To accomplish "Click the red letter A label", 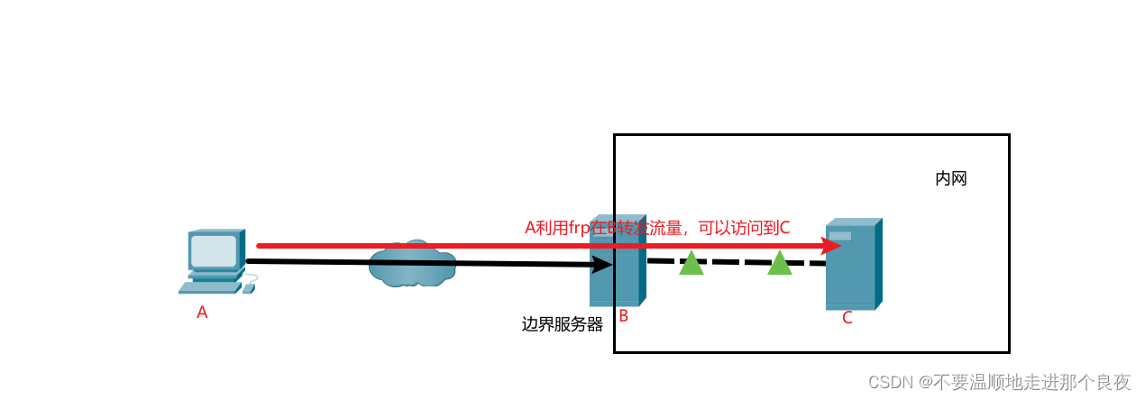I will click(x=202, y=313).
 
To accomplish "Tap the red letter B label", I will click(x=623, y=316).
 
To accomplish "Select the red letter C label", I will click(x=847, y=318).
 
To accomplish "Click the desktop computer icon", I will click(x=214, y=260).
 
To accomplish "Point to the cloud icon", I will click(x=412, y=264).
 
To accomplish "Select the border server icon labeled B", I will click(x=616, y=261).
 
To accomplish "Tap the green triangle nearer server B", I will click(x=692, y=263).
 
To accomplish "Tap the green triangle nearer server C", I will click(x=780, y=263).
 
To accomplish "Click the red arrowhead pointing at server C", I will click(x=831, y=245).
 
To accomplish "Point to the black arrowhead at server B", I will click(x=601, y=265).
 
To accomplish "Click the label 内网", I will click(x=951, y=178).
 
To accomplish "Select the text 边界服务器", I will click(x=562, y=324).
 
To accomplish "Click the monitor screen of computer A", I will click(x=214, y=250).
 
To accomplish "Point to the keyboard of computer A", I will click(x=209, y=288).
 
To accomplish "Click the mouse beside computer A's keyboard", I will click(x=248, y=289).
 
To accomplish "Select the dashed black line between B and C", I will click(x=735, y=262).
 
